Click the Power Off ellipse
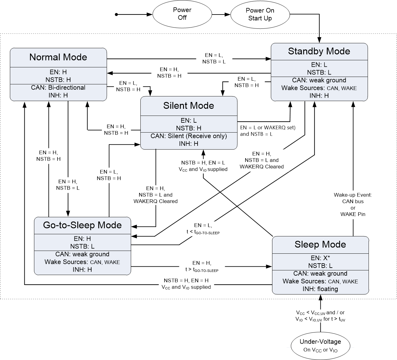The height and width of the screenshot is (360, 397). point(182,14)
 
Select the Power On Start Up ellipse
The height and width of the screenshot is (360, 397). point(260,15)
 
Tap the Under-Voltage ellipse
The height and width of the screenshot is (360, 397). point(320,345)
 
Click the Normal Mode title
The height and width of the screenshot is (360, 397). point(58,57)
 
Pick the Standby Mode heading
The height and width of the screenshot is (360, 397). point(319,51)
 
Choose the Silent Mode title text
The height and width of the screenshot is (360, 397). point(189,106)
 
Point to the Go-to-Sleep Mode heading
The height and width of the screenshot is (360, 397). point(82,225)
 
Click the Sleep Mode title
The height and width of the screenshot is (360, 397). point(320,244)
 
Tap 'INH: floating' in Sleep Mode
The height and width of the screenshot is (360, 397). point(320,289)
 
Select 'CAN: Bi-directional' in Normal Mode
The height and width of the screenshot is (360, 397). point(58,87)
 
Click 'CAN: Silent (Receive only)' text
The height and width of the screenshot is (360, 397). point(189,136)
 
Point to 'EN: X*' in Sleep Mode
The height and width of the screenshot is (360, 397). point(320,258)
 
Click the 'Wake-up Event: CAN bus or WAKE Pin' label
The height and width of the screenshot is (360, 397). point(353,205)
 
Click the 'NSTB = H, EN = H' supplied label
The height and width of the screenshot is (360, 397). point(186,284)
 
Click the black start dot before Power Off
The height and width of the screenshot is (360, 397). point(117,15)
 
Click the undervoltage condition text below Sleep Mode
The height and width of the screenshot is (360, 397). point(320,316)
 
